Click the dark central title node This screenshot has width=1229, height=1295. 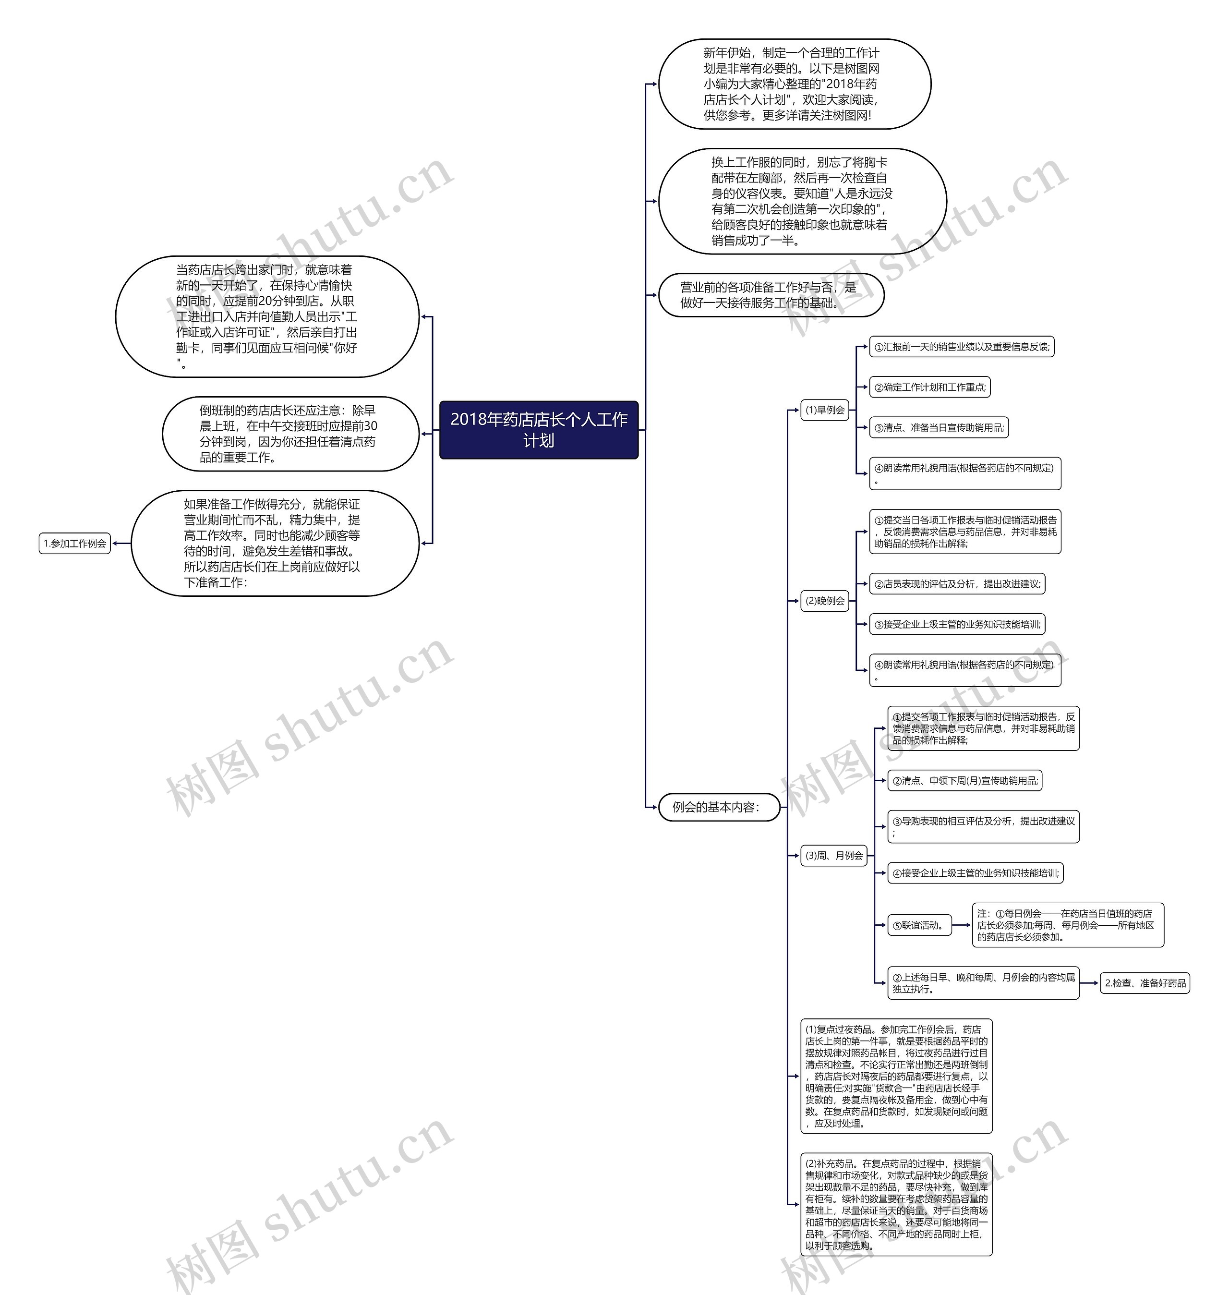click(x=539, y=430)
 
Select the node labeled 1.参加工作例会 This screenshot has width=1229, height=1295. click(x=75, y=543)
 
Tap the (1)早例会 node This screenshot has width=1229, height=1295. click(x=825, y=410)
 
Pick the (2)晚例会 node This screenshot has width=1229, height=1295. click(x=825, y=601)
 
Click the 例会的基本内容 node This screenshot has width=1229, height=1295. click(x=719, y=808)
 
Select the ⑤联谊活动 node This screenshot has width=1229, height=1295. click(x=918, y=925)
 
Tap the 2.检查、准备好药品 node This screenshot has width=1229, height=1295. click(x=1145, y=983)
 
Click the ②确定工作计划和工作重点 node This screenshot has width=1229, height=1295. click(x=929, y=387)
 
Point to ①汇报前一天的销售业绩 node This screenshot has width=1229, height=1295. click(x=961, y=347)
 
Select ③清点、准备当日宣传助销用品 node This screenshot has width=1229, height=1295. click(x=939, y=428)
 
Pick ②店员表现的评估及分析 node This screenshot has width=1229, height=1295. click(x=956, y=584)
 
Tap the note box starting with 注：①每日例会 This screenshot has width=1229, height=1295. click(x=1067, y=925)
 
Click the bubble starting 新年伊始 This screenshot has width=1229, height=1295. click(x=794, y=84)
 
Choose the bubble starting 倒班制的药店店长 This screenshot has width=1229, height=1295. click(x=290, y=434)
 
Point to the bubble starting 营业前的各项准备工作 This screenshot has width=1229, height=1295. click(x=771, y=295)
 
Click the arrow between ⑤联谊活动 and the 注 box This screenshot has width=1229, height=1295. click(x=962, y=925)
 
